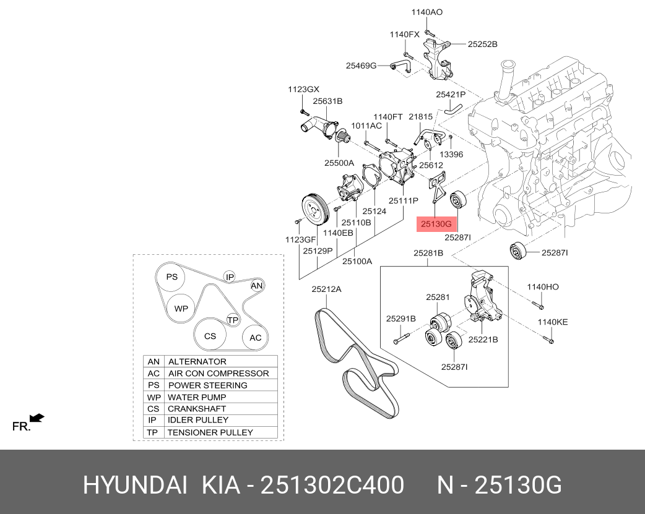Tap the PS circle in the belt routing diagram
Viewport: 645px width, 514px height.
pyautogui.click(x=171, y=277)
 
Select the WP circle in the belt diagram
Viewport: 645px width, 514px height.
pyautogui.click(x=181, y=308)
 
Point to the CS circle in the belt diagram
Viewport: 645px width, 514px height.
pyautogui.click(x=210, y=336)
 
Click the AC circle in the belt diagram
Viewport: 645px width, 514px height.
pyautogui.click(x=256, y=338)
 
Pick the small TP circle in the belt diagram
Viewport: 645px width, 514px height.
pyautogui.click(x=233, y=320)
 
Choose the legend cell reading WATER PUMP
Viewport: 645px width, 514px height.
pyautogui.click(x=197, y=397)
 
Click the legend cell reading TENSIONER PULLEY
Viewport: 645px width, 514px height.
pyautogui.click(x=210, y=432)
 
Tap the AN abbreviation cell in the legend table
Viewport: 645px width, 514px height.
pyautogui.click(x=154, y=362)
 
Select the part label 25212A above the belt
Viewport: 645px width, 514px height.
pyautogui.click(x=326, y=289)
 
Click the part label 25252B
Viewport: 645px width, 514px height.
pyautogui.click(x=483, y=44)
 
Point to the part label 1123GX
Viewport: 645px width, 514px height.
pyautogui.click(x=303, y=90)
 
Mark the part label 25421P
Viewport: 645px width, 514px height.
pyautogui.click(x=451, y=95)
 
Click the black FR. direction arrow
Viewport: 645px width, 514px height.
pyautogui.click(x=37, y=418)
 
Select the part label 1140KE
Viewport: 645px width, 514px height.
pyautogui.click(x=552, y=322)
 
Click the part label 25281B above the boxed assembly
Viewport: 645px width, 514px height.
pyautogui.click(x=428, y=253)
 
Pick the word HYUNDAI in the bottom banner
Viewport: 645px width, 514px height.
pyautogui.click(x=135, y=486)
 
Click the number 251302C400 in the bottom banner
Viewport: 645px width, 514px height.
pyautogui.click(x=332, y=486)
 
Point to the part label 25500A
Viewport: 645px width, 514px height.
pyautogui.click(x=339, y=163)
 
